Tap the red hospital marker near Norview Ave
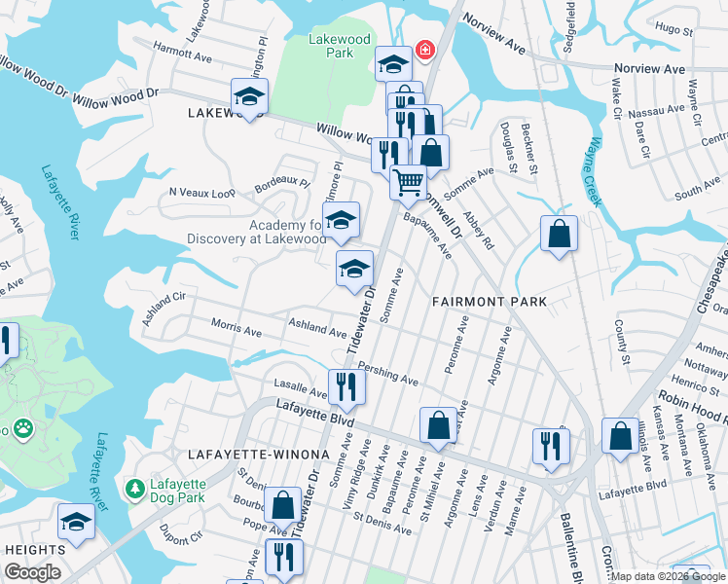tap(424, 50)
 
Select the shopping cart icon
tap(408, 180)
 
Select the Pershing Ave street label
tap(387, 374)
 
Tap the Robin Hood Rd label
tap(692, 407)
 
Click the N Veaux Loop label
tap(201, 193)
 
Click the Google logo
tap(32, 572)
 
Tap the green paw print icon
tap(21, 427)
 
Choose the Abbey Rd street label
tap(479, 232)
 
